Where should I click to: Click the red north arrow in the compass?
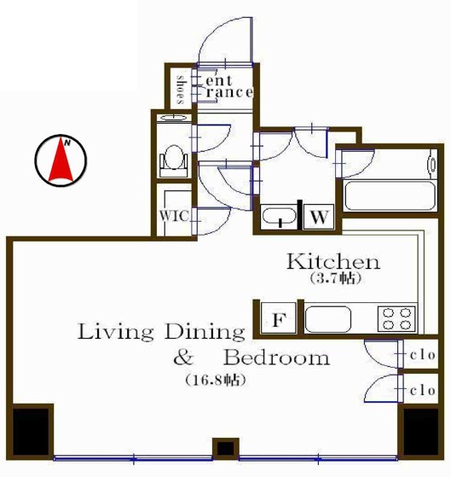(61, 161)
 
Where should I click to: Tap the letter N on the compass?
(67, 143)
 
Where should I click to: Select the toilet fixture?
(174, 160)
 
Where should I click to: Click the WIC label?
(174, 216)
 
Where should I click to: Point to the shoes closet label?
(181, 90)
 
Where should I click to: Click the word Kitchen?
(333, 261)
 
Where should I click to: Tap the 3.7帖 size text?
(335, 278)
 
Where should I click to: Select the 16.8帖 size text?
(216, 380)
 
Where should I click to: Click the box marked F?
(279, 319)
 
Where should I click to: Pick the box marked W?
(319, 217)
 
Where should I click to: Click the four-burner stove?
(397, 319)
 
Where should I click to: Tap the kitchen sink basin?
(328, 319)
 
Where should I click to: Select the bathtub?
(390, 195)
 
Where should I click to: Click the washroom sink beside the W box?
(280, 217)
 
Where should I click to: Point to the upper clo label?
(422, 355)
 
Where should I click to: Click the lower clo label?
(422, 391)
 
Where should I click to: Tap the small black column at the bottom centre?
(225, 448)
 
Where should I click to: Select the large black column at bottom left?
(31, 431)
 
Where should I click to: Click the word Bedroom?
(276, 358)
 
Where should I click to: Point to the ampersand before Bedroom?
(183, 358)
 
